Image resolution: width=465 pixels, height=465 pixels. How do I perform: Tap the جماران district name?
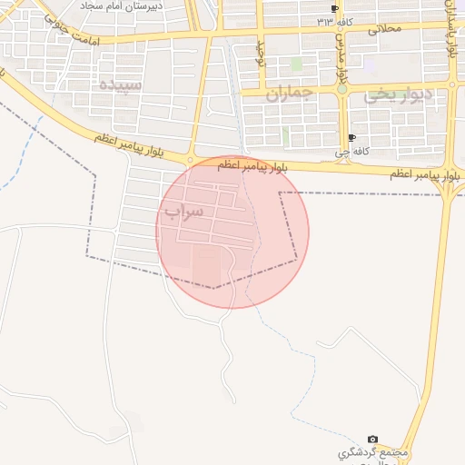pyautogui.click(x=290, y=93)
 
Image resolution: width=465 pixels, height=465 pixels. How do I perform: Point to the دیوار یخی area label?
pyautogui.click(x=398, y=95)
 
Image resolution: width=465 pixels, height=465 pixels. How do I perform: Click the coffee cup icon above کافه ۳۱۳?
pyautogui.click(x=335, y=8)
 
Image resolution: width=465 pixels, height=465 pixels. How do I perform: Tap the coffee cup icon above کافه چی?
pyautogui.click(x=351, y=138)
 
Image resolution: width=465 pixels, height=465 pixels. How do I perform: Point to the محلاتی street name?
pyautogui.click(x=384, y=28)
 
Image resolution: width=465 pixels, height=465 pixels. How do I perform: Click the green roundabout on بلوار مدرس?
pyautogui.click(x=341, y=89)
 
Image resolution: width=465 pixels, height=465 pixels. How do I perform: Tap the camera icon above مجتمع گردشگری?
pyautogui.click(x=372, y=440)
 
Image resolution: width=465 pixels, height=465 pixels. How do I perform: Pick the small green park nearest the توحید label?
pyautogui.click(x=296, y=64)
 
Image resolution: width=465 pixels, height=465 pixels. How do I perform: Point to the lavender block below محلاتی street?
pyautogui.click(x=370, y=64)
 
